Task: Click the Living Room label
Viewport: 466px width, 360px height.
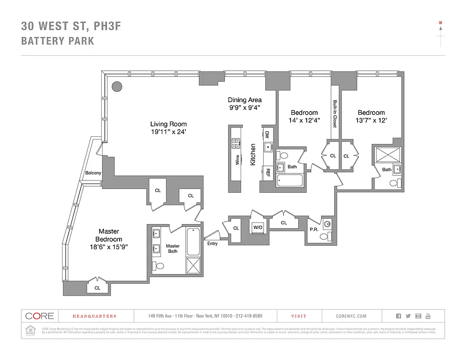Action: [168, 124]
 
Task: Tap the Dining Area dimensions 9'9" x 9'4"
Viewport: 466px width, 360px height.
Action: [244, 108]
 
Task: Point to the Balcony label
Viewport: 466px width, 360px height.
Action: [93, 173]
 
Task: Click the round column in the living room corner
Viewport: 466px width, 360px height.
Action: [117, 85]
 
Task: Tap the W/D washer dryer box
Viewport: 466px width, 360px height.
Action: [258, 227]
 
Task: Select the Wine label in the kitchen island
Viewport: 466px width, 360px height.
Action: [237, 160]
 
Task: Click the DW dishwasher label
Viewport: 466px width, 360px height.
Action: [266, 135]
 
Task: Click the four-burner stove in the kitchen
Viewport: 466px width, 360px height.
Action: [236, 144]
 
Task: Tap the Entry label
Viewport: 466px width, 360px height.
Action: [212, 243]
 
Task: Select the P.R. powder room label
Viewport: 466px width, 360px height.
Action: [314, 229]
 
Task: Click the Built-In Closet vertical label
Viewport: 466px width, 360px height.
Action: [335, 113]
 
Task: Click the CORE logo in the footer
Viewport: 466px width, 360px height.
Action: [40, 316]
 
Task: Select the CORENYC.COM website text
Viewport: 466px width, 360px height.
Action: [351, 316]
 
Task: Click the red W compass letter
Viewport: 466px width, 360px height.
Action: [440, 22]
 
